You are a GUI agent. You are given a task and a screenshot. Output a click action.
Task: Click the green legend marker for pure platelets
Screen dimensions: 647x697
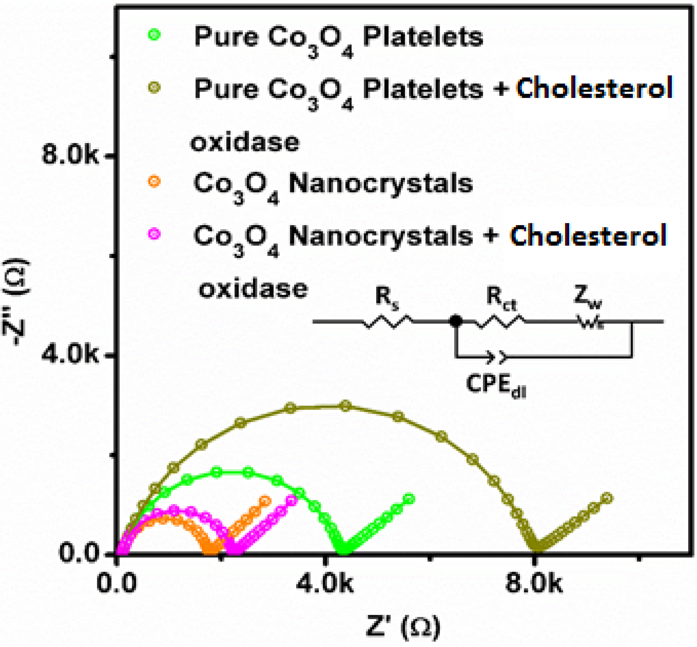click(154, 35)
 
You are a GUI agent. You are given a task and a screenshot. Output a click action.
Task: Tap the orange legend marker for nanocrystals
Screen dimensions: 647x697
click(154, 181)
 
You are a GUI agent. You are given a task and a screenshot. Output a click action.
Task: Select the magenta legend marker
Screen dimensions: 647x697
click(154, 234)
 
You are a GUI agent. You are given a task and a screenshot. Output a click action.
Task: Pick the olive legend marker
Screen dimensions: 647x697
click(154, 87)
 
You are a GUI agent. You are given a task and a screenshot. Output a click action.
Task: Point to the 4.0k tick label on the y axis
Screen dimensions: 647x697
click(70, 355)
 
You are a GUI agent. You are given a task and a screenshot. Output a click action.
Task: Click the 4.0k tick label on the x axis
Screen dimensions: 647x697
click(324, 584)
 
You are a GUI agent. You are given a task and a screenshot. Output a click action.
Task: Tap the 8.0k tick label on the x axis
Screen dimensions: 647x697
click(533, 584)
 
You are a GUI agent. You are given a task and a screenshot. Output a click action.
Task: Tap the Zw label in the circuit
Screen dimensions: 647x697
click(587, 297)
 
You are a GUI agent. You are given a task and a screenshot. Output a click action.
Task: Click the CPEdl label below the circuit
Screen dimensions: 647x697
click(496, 385)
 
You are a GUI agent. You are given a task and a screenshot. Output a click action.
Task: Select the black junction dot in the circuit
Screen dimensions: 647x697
click(456, 321)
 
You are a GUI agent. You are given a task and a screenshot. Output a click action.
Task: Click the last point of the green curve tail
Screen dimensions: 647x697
click(409, 499)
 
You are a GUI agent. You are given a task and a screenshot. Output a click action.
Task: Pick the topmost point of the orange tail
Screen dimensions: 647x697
click(266, 501)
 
